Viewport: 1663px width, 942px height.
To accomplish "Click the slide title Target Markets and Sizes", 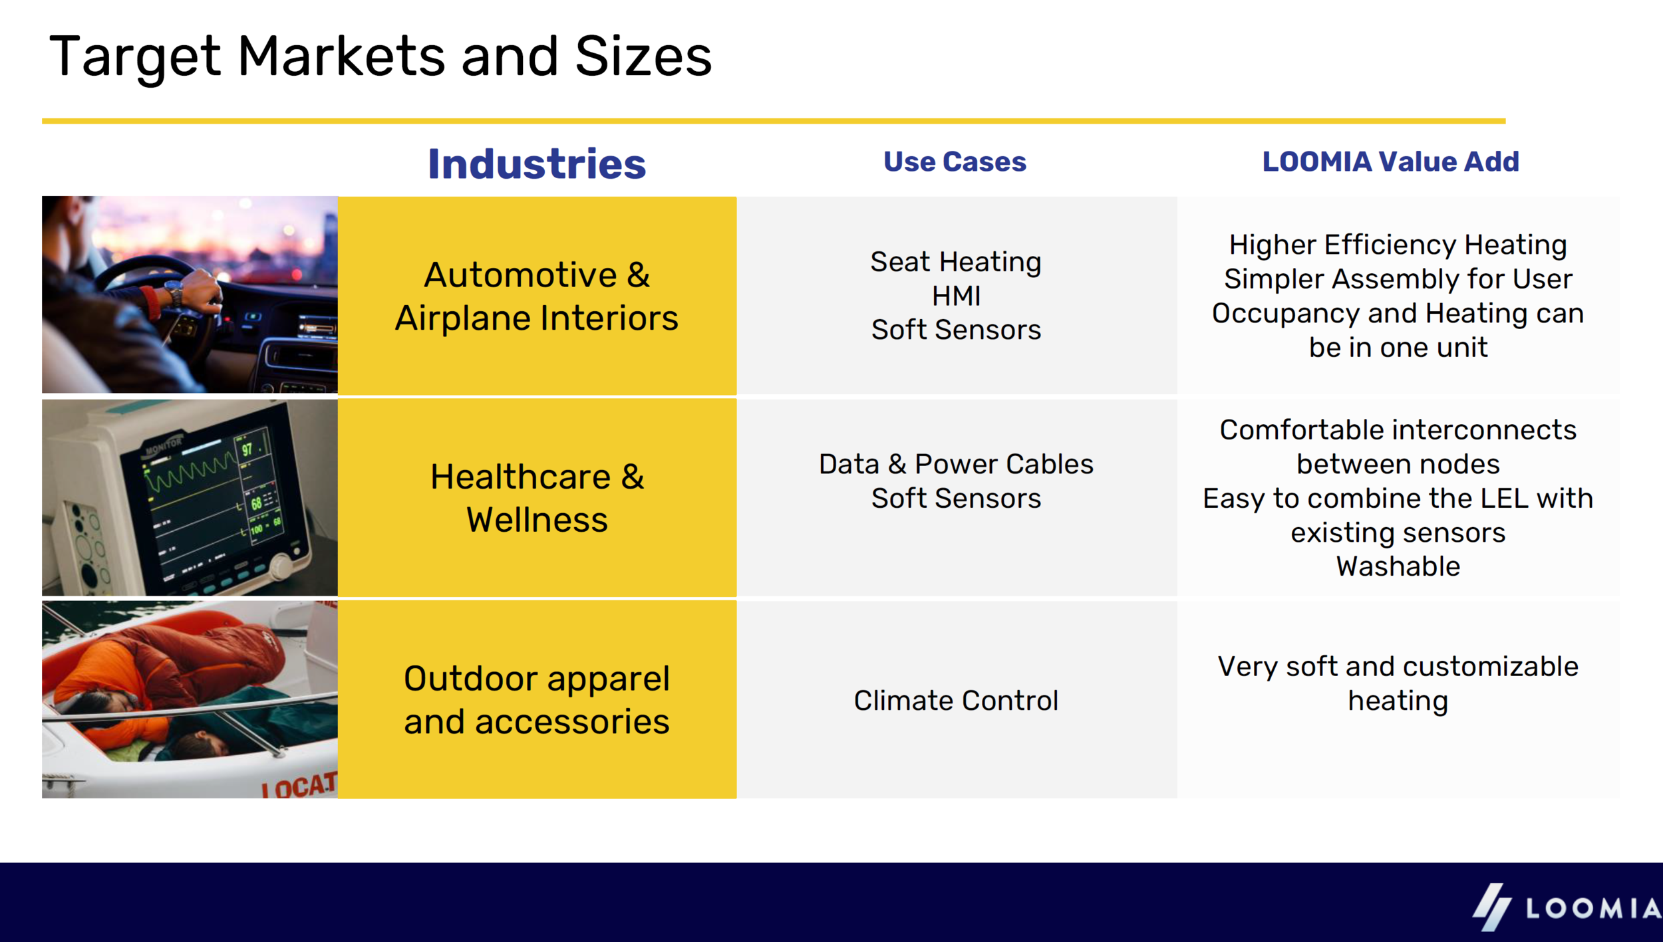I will [380, 57].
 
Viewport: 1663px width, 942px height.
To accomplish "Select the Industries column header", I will [536, 164].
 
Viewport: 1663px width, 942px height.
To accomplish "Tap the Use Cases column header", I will [955, 162].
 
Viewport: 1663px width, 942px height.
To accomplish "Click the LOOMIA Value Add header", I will [1390, 162].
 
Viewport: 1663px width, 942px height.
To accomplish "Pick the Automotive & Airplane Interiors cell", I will [536, 296].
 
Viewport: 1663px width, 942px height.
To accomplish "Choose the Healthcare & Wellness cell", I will [536, 498].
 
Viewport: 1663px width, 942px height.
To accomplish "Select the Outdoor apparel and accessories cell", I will [536, 699].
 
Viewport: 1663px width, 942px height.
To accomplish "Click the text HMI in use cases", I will [956, 296].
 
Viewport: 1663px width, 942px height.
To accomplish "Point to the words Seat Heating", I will [956, 261].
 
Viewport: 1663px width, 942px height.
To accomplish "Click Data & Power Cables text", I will [956, 464].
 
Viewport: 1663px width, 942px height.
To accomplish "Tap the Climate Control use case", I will [956, 700].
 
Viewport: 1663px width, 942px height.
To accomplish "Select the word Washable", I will [1398, 566].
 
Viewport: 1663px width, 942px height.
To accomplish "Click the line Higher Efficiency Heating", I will [1398, 245].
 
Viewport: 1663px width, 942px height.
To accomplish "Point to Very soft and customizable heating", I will [1398, 683].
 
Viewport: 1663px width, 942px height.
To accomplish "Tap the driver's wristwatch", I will [174, 293].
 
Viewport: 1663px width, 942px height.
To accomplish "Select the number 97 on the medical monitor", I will [247, 449].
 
